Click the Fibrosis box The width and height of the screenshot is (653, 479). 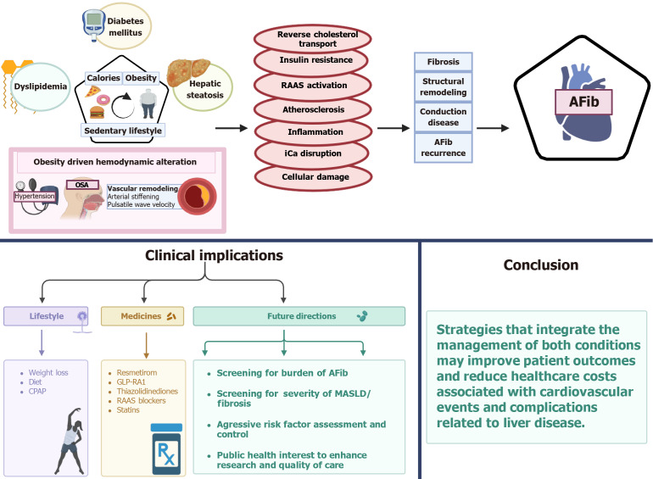tap(443, 63)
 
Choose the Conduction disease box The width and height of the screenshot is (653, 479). tap(443, 116)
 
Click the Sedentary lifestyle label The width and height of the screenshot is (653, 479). tap(124, 131)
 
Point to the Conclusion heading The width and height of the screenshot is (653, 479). tap(541, 265)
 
